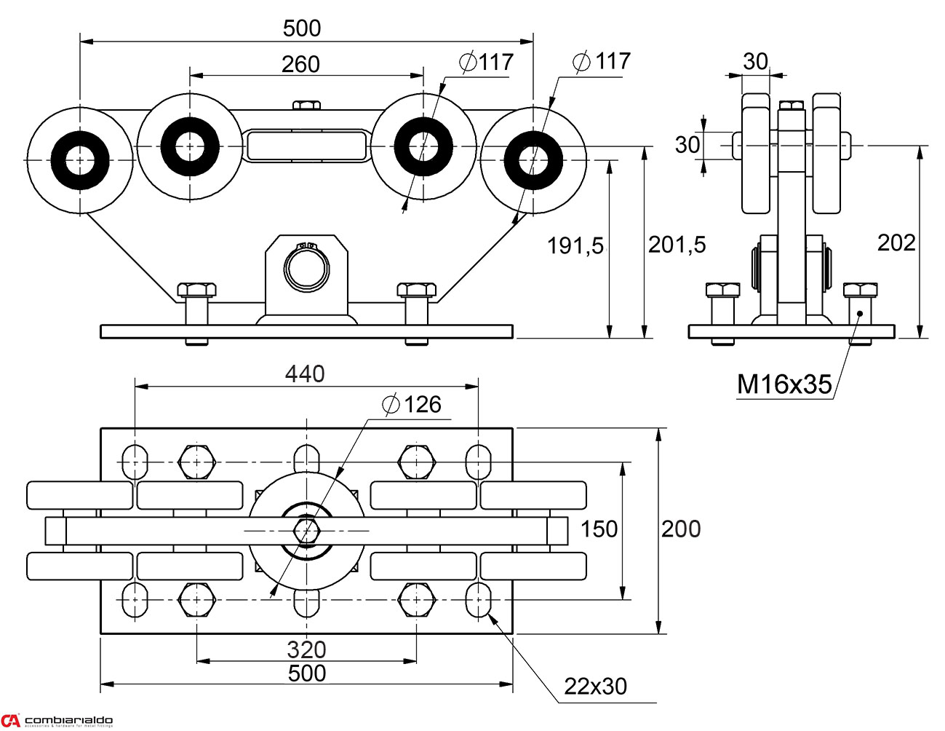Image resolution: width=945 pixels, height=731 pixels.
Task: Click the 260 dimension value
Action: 300,64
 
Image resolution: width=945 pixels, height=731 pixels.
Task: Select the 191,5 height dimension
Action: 575,246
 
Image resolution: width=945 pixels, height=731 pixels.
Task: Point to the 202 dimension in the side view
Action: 896,242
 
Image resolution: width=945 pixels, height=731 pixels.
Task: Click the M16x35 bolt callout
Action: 784,384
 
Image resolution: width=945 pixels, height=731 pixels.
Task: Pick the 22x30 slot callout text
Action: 595,686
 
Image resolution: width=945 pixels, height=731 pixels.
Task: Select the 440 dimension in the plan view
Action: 305,374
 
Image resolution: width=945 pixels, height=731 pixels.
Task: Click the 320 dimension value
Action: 306,649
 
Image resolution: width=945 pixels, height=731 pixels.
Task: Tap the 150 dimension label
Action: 599,529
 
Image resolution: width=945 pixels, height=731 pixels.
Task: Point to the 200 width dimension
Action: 681,529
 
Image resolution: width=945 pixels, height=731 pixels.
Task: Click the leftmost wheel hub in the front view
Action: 80,159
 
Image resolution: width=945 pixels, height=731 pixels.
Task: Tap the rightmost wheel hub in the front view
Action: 533,159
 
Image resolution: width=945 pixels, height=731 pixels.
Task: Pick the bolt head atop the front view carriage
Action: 307,105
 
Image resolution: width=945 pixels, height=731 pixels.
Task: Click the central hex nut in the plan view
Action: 306,530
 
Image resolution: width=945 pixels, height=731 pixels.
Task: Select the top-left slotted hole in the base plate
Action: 135,461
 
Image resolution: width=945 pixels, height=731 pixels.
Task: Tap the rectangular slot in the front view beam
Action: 306,145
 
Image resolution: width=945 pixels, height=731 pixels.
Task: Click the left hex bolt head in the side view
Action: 723,290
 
